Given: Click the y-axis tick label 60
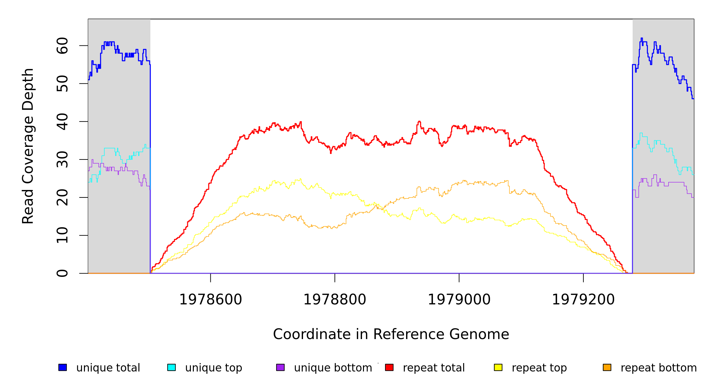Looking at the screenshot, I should click(62, 46).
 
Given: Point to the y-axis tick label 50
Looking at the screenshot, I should click(62, 84).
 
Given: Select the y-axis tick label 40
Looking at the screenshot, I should click(62, 122).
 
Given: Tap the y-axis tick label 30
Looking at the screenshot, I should click(62, 159).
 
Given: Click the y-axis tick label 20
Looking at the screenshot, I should click(62, 197).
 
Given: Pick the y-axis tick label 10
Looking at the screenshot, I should click(62, 235).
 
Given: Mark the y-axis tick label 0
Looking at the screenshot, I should click(62, 273).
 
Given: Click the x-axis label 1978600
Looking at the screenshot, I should click(211, 300).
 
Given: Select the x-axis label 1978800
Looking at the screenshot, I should click(335, 300).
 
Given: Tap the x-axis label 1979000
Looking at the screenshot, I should click(459, 300).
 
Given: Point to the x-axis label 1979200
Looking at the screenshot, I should click(583, 300).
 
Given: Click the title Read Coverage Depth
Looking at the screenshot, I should click(28, 146).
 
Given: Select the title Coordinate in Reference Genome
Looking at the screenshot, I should click(391, 334).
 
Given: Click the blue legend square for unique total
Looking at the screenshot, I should click(63, 367).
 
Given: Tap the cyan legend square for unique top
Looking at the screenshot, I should click(171, 367).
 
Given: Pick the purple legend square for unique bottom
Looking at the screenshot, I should click(280, 367).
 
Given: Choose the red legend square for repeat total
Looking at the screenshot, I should click(389, 367).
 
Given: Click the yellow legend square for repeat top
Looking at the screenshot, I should click(498, 367).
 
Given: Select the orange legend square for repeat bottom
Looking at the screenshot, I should click(607, 367).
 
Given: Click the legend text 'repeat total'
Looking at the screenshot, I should click(434, 368).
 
